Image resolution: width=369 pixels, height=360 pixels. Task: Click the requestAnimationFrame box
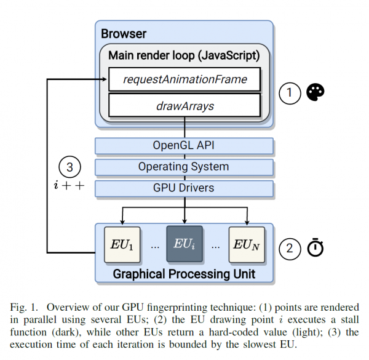pyautogui.click(x=184, y=79)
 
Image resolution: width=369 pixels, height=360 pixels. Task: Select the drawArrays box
pyautogui.click(x=184, y=105)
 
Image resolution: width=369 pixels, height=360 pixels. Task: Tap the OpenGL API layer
pyautogui.click(x=184, y=146)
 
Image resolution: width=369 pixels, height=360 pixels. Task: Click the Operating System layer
pyautogui.click(x=184, y=167)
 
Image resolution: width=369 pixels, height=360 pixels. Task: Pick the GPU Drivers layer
pyautogui.click(x=184, y=188)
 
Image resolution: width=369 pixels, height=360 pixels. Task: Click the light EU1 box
pyautogui.click(x=122, y=244)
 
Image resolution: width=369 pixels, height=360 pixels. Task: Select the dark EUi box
pyautogui.click(x=184, y=244)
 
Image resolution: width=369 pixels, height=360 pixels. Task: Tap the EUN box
pyautogui.click(x=247, y=244)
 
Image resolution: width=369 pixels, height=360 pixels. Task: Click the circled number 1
pyautogui.click(x=290, y=94)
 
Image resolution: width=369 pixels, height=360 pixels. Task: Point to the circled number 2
pyautogui.click(x=290, y=249)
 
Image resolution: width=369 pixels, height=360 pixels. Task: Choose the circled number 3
pyautogui.click(x=69, y=167)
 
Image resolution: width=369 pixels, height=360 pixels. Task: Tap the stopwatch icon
pyautogui.click(x=315, y=247)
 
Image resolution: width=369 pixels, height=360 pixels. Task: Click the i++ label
pyautogui.click(x=69, y=185)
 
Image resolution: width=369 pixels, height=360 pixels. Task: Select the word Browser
pyautogui.click(x=124, y=34)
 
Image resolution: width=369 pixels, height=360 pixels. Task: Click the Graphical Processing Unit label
pyautogui.click(x=184, y=274)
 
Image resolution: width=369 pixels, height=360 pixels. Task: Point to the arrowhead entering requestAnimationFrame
pyautogui.click(x=104, y=79)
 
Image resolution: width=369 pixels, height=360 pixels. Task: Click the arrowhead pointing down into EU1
pyautogui.click(x=122, y=222)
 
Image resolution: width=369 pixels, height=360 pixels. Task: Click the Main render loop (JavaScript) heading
pyautogui.click(x=184, y=55)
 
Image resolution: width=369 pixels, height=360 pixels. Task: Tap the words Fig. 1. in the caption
pyautogui.click(x=24, y=307)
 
